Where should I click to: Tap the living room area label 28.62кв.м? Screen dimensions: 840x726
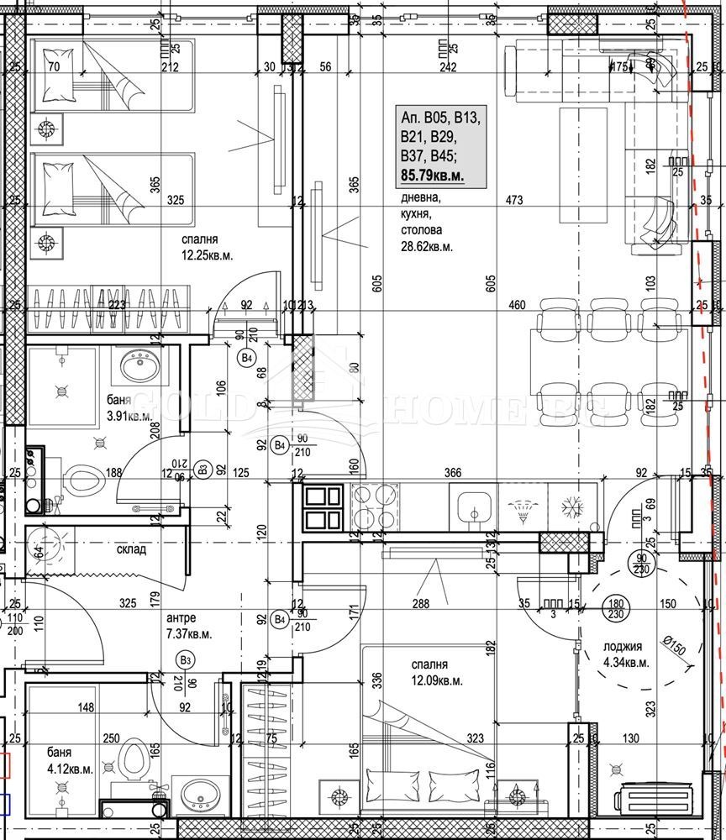click(x=426, y=247)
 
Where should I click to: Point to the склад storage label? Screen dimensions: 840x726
click(x=131, y=549)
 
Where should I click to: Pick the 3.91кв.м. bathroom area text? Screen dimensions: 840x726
click(x=129, y=415)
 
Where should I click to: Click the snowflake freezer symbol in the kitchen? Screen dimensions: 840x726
click(x=574, y=507)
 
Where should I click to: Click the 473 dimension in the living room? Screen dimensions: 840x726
click(x=514, y=200)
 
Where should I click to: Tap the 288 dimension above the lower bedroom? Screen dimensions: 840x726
click(x=420, y=603)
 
